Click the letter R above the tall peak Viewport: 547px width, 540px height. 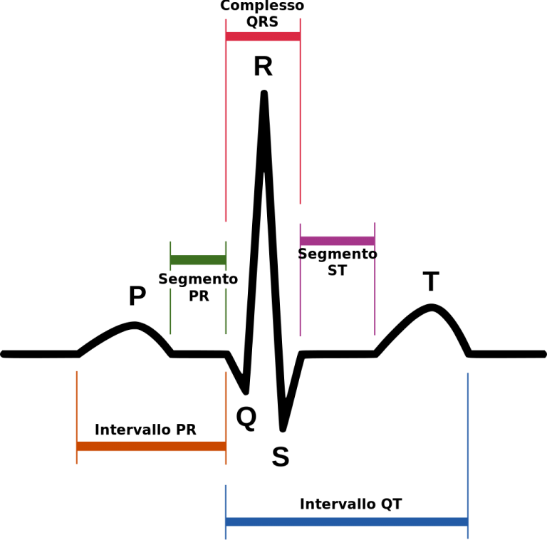pyautogui.click(x=263, y=66)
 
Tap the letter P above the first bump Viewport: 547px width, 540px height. pyautogui.click(x=137, y=296)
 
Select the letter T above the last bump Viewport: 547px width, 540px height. pyautogui.click(x=431, y=281)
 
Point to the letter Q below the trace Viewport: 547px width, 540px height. pyautogui.click(x=246, y=418)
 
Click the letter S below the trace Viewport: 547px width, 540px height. pyautogui.click(x=281, y=457)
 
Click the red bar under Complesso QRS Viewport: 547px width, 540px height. pyautogui.click(x=263, y=36)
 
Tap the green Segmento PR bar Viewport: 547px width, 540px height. pyautogui.click(x=198, y=260)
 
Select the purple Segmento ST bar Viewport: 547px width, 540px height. pyautogui.click(x=338, y=241)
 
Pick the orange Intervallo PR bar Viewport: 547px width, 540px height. pyautogui.click(x=152, y=446)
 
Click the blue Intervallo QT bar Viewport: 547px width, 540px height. pyautogui.click(x=347, y=522)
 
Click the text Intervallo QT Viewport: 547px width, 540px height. pyautogui.click(x=351, y=504)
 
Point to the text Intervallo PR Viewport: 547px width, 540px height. pyautogui.click(x=145, y=430)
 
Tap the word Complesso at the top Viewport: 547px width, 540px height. pyautogui.click(x=262, y=6)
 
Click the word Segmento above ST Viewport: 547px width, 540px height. pyautogui.click(x=338, y=254)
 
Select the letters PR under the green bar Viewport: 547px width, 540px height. pyautogui.click(x=199, y=296)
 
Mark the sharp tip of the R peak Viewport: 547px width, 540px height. pyautogui.click(x=264, y=93)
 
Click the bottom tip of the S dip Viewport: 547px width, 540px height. pyautogui.click(x=283, y=430)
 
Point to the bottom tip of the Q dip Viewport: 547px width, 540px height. pyautogui.click(x=246, y=393)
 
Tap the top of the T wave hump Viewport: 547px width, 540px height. pyautogui.click(x=432, y=307)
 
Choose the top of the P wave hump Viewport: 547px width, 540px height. pyautogui.click(x=135, y=325)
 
